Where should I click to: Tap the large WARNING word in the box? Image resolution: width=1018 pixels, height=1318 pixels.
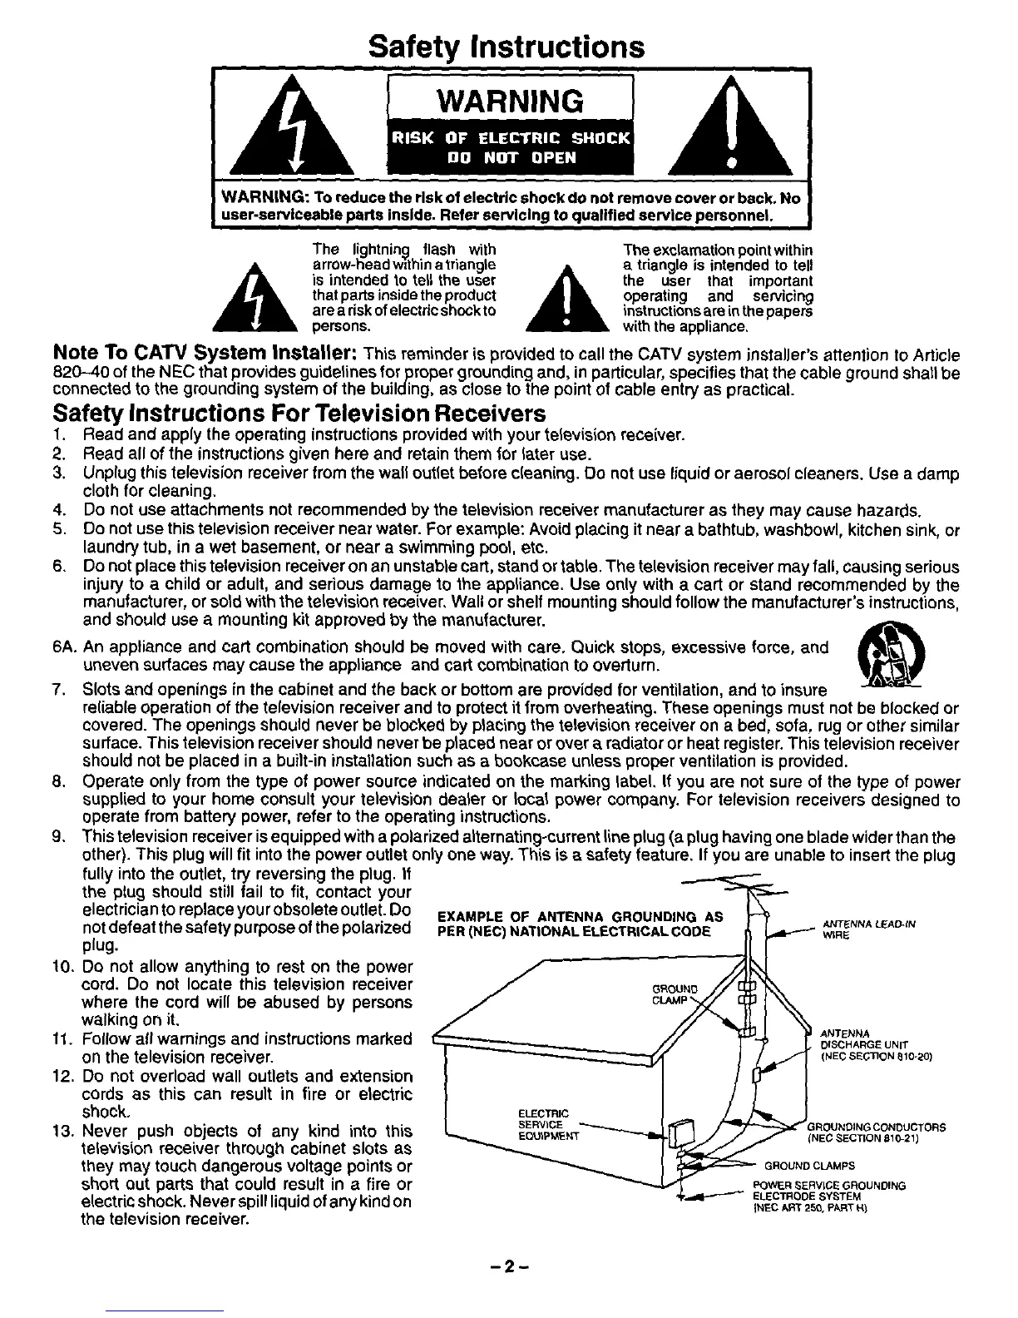tap(509, 102)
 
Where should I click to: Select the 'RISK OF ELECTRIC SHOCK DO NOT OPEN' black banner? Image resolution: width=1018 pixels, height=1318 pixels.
tap(509, 147)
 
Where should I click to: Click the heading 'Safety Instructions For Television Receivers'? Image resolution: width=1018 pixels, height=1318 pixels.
tap(299, 414)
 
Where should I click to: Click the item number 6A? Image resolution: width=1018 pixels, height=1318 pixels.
tap(63, 648)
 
